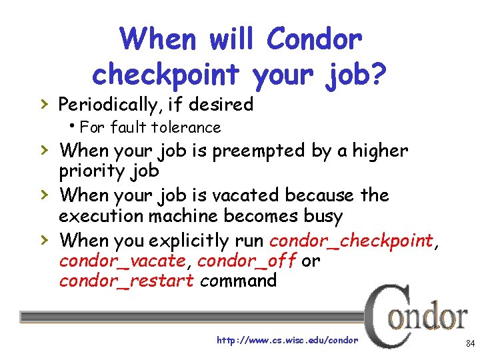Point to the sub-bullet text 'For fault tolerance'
(149, 127)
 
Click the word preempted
(258, 151)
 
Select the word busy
(321, 217)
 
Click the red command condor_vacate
(121, 261)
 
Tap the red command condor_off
(247, 261)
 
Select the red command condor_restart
(126, 281)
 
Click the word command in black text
(238, 281)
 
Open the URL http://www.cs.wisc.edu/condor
(287, 340)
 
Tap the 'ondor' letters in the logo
(430, 317)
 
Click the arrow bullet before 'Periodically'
(43, 104)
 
